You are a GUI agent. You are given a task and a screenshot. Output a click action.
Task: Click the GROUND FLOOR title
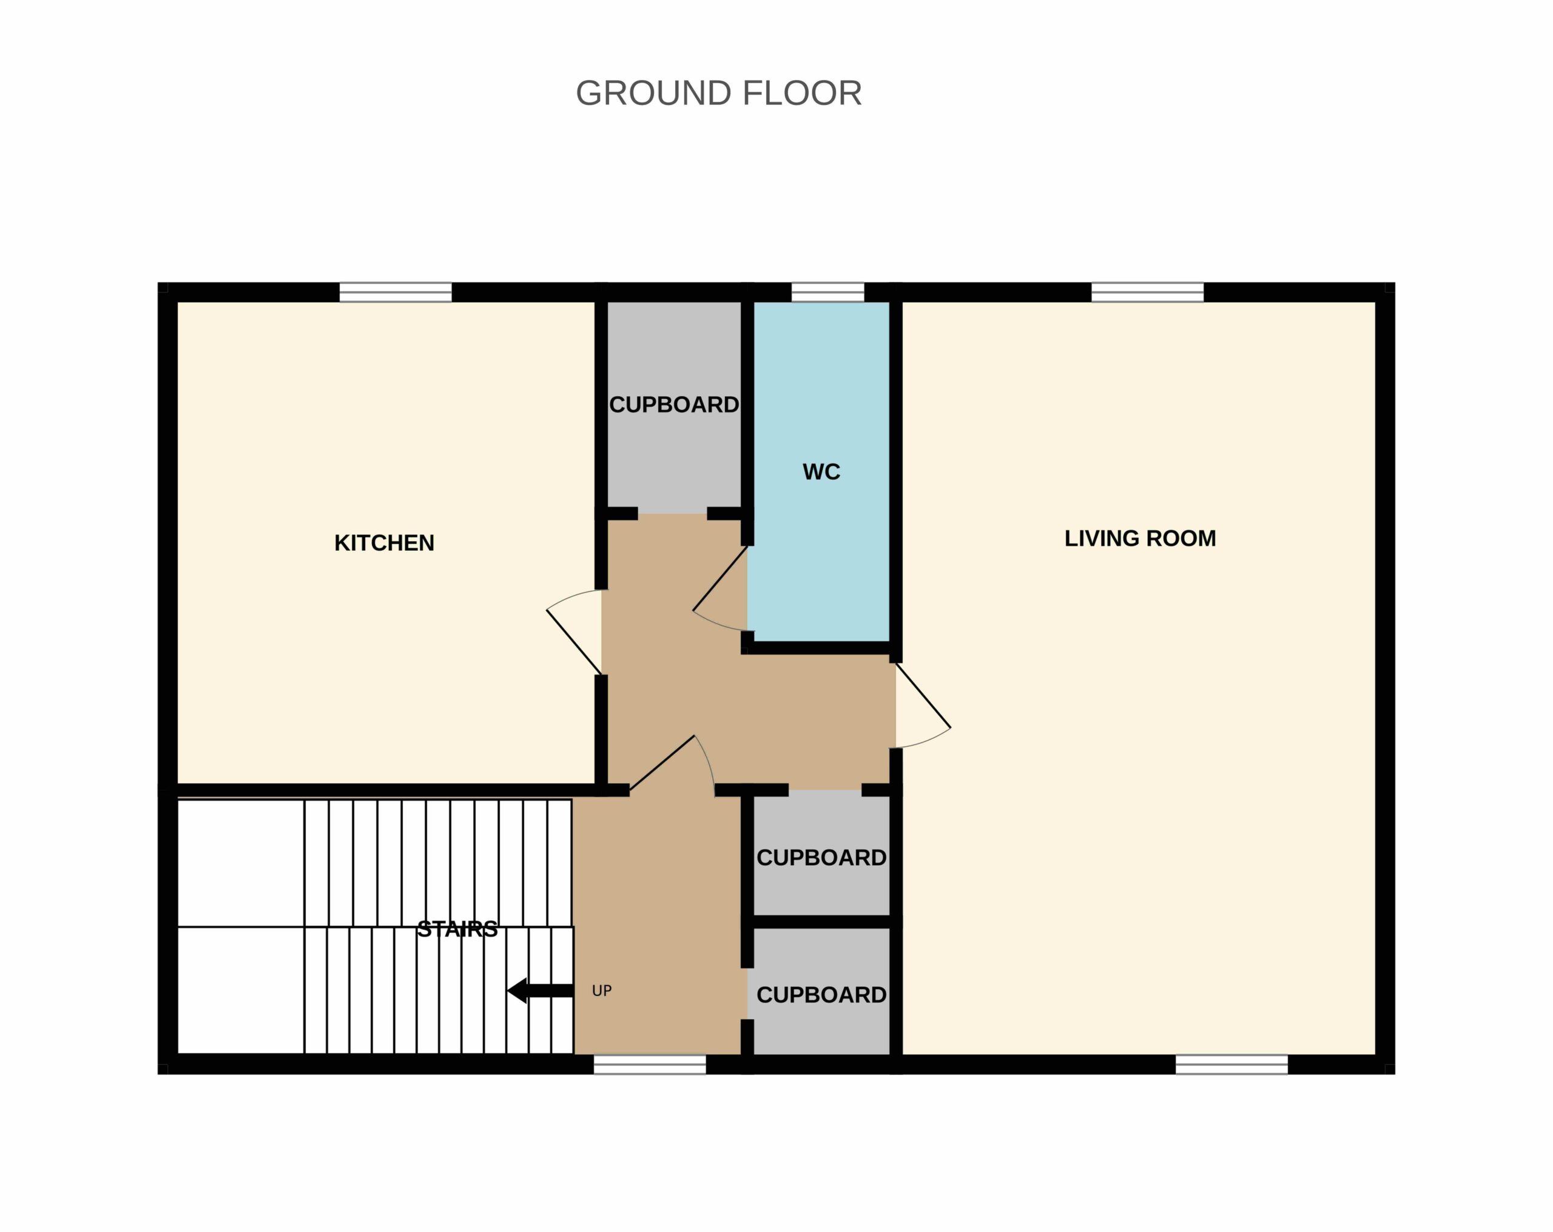coord(718,93)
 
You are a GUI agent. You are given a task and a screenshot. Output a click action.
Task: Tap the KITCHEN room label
coord(384,542)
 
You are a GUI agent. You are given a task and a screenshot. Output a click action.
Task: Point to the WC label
coord(821,472)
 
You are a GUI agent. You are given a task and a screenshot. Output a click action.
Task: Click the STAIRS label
coord(457,929)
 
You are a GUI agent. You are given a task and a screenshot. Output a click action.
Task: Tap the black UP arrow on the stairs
coord(541,990)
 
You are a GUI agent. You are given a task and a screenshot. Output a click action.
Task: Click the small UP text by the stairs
coord(601,991)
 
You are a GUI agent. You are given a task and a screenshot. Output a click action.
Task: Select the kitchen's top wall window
coord(396,292)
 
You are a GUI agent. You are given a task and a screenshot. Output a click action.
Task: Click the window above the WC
coord(827,292)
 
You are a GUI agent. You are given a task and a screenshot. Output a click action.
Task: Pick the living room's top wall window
coord(1148,292)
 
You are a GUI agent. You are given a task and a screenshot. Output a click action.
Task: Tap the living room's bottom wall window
coord(1231,1064)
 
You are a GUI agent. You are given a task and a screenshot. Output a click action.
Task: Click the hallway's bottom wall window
coord(650,1064)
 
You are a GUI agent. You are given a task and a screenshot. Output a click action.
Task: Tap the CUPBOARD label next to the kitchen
coord(674,405)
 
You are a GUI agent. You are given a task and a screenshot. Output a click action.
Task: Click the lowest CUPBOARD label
coord(821,995)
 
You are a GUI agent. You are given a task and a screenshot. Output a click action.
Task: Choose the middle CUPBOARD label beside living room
coord(821,857)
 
